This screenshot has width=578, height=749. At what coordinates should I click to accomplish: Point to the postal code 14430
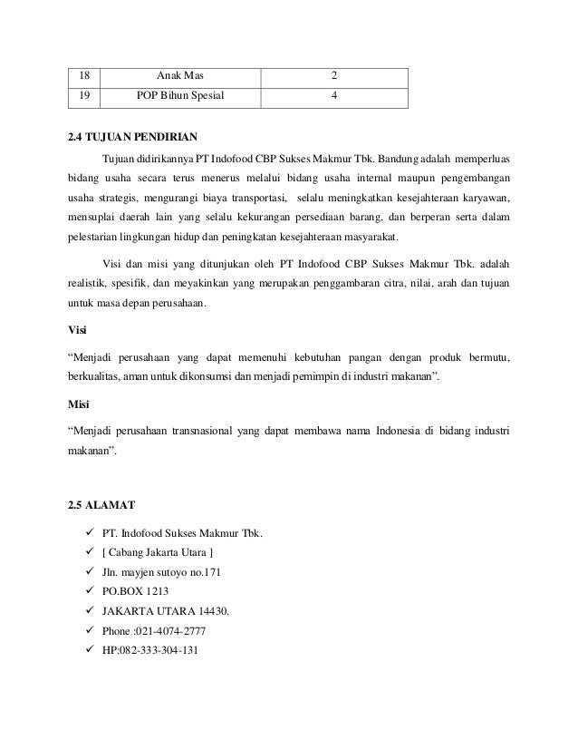click(209, 611)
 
